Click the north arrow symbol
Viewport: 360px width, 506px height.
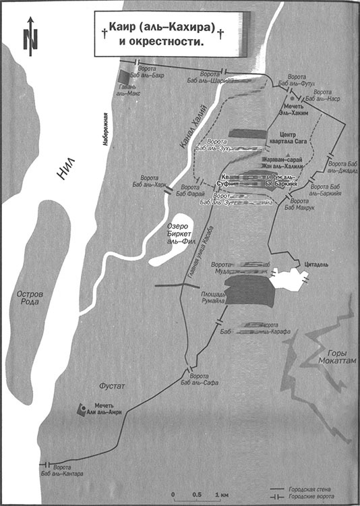[28, 37]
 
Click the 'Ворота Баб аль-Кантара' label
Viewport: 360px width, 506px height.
[67, 471]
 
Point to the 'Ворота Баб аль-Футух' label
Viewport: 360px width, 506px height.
[302, 82]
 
